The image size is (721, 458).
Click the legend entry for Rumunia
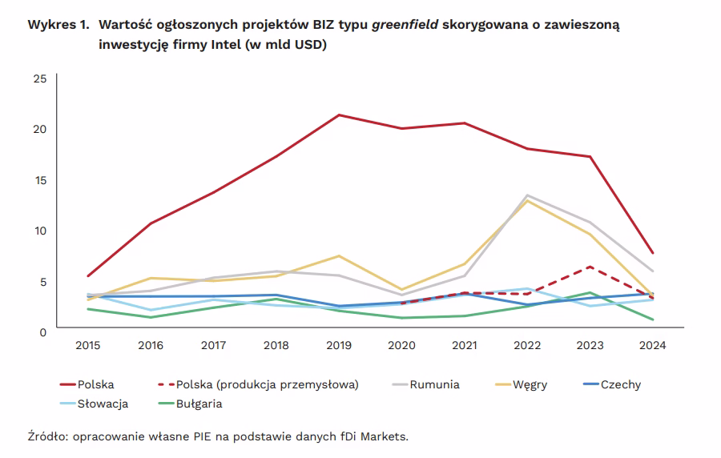pyautogui.click(x=435, y=384)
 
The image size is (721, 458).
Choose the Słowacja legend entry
pyautogui.click(x=103, y=404)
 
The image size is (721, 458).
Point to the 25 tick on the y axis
pyautogui.click(x=40, y=78)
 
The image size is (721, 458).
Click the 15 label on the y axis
pyautogui.click(x=40, y=179)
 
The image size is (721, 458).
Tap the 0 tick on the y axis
pyautogui.click(x=43, y=331)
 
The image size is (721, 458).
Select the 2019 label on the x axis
pyautogui.click(x=339, y=345)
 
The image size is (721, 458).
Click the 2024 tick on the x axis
pyautogui.click(x=652, y=345)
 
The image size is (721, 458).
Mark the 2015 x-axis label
pyautogui.click(x=88, y=345)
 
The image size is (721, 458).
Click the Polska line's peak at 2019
pyautogui.click(x=339, y=114)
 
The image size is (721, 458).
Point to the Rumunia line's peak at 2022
pyautogui.click(x=527, y=195)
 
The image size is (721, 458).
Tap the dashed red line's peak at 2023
pyautogui.click(x=590, y=267)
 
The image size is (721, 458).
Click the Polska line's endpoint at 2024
pyautogui.click(x=653, y=253)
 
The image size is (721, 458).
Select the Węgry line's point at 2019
pyautogui.click(x=339, y=256)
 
